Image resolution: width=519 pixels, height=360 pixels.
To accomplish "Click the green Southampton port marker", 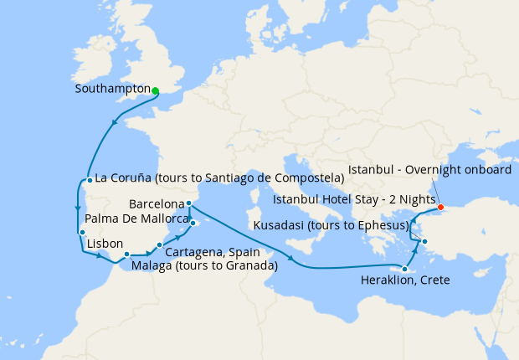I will pyautogui.click(x=156, y=90).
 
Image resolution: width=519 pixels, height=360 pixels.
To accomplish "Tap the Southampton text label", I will pyautogui.click(x=112, y=89).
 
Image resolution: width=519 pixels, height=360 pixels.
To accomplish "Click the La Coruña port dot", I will pyautogui.click(x=89, y=179).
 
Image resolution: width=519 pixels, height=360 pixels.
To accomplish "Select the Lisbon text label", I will pyautogui.click(x=105, y=244).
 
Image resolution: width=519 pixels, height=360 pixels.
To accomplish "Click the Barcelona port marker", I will pyautogui.click(x=190, y=203).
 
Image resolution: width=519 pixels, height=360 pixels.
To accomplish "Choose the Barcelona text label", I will pyautogui.click(x=157, y=203).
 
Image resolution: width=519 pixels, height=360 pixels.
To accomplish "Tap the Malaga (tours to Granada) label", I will pyautogui.click(x=205, y=265).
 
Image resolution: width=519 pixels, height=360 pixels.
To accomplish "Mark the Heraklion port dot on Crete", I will pyautogui.click(x=405, y=269).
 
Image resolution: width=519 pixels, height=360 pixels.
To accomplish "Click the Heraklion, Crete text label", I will pyautogui.click(x=405, y=280).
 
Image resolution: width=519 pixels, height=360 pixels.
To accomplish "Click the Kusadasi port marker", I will pyautogui.click(x=425, y=243).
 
